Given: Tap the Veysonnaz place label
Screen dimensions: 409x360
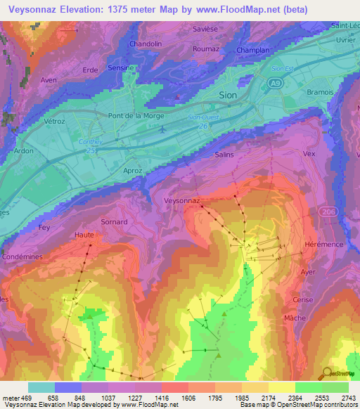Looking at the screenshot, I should pyautogui.click(x=181, y=200).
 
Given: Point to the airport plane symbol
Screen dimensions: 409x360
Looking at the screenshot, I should pyautogui.click(x=162, y=129).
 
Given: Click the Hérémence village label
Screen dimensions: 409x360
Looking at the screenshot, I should pyautogui.click(x=323, y=243).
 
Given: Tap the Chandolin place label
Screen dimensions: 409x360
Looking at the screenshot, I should pyautogui.click(x=147, y=44).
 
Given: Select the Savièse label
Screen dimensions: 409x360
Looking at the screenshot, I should pyautogui.click(x=207, y=30).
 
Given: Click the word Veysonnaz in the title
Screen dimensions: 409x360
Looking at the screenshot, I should pyautogui.click(x=34, y=11).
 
